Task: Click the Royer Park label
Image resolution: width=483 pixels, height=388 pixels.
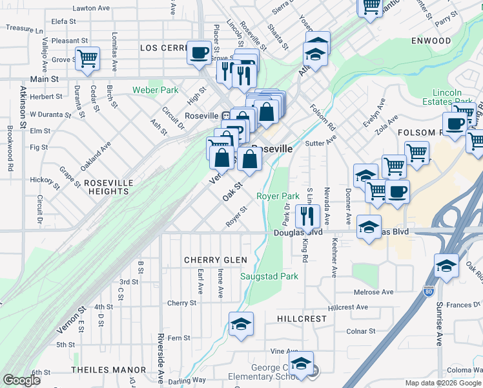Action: tap(278, 195)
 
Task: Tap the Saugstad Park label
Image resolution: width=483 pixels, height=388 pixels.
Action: tap(269, 276)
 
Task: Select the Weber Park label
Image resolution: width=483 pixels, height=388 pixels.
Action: tap(155, 90)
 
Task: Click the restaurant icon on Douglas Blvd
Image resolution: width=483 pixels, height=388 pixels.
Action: tap(307, 215)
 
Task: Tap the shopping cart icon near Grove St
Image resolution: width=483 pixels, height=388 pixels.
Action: tap(87, 58)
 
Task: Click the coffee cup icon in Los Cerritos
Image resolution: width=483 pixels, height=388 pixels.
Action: tap(200, 52)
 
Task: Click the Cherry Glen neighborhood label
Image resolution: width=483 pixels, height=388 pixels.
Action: tap(216, 260)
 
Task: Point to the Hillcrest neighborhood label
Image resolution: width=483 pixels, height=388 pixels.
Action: tap(302, 319)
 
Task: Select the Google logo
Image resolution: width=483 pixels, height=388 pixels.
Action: tap(21, 380)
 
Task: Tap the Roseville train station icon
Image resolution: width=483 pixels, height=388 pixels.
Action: tap(227, 116)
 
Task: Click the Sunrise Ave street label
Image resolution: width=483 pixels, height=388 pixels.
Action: tap(438, 323)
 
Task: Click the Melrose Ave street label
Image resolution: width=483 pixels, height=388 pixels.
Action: tap(373, 292)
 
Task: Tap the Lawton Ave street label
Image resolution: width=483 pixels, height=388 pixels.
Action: tap(91, 8)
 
